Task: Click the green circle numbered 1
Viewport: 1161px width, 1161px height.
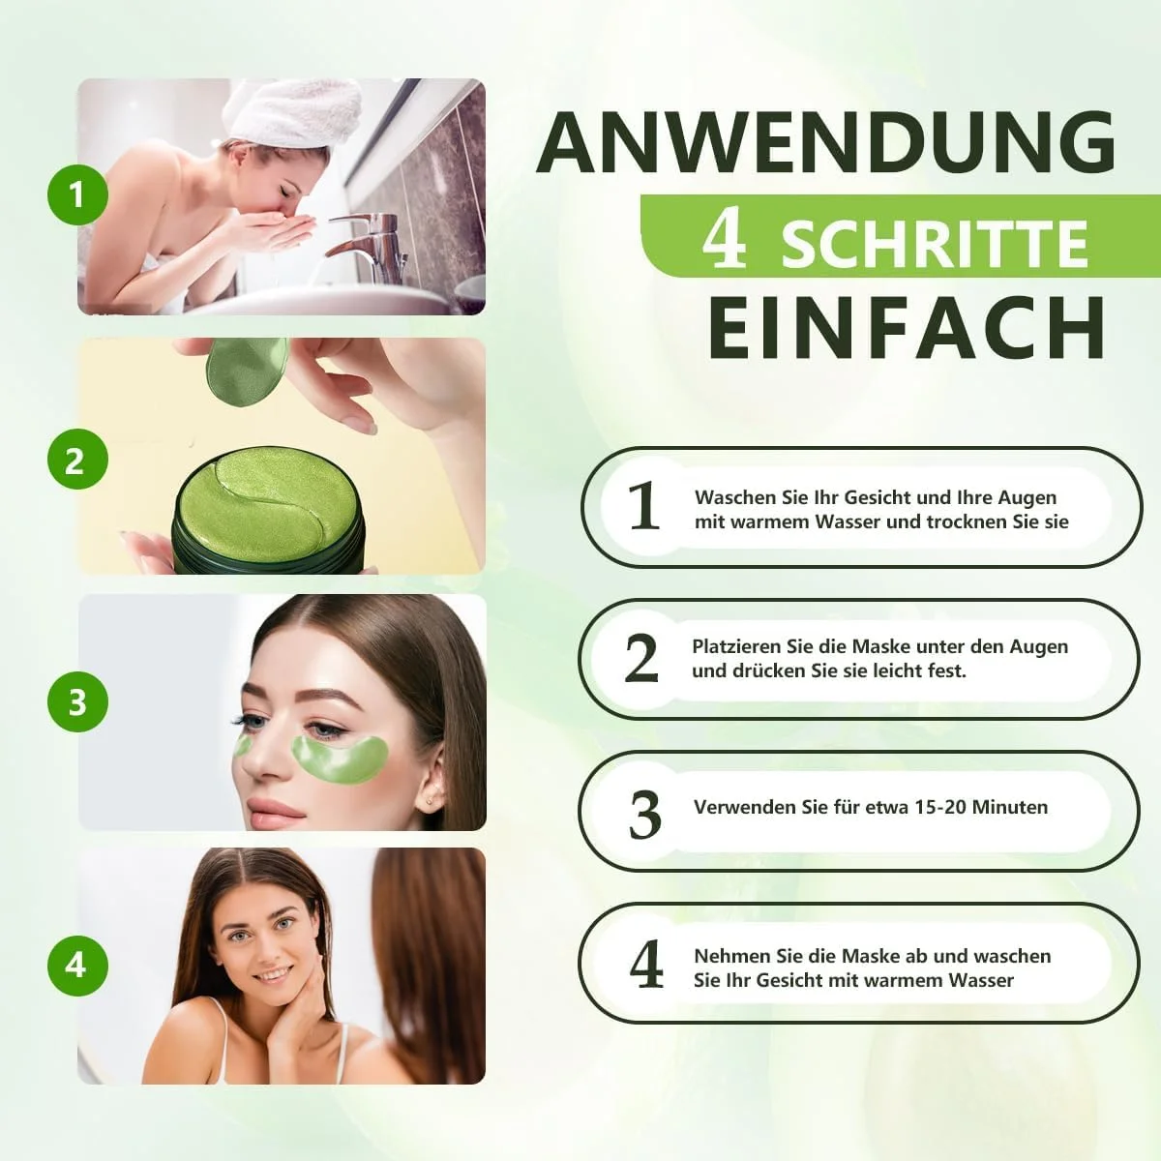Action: (77, 195)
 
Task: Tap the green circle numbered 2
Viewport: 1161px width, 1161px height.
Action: (77, 460)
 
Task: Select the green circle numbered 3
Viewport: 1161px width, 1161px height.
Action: (77, 701)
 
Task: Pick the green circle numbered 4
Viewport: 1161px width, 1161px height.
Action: (77, 966)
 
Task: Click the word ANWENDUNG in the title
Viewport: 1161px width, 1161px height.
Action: (825, 142)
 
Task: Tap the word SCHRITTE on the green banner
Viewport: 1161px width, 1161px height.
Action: (935, 244)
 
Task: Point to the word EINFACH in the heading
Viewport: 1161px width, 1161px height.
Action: (907, 329)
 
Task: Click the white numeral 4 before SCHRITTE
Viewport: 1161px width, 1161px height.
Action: (724, 241)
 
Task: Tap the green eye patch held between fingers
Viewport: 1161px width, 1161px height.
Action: (247, 371)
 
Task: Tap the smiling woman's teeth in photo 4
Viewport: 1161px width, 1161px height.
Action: (274, 974)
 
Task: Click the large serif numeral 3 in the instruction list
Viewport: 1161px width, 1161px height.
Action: (644, 816)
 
